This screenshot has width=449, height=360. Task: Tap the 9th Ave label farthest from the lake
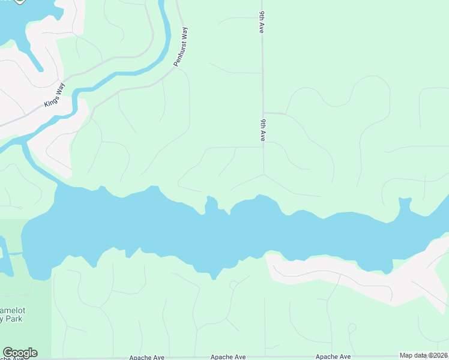tap(261, 22)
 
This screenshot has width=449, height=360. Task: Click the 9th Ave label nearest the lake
tap(262, 130)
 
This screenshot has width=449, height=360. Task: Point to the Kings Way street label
tap(53, 98)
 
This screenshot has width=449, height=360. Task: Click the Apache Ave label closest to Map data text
tap(333, 356)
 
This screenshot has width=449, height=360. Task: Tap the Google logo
tap(20, 353)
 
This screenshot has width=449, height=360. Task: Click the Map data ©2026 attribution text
tap(423, 355)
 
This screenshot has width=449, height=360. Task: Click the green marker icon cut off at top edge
tap(19, 2)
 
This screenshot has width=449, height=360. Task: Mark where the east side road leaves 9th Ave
tap(265, 112)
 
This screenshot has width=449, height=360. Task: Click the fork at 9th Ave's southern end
tap(264, 175)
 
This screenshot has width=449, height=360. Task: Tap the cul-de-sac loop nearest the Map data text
tap(352, 328)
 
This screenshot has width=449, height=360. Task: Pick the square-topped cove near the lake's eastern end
tap(404, 204)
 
